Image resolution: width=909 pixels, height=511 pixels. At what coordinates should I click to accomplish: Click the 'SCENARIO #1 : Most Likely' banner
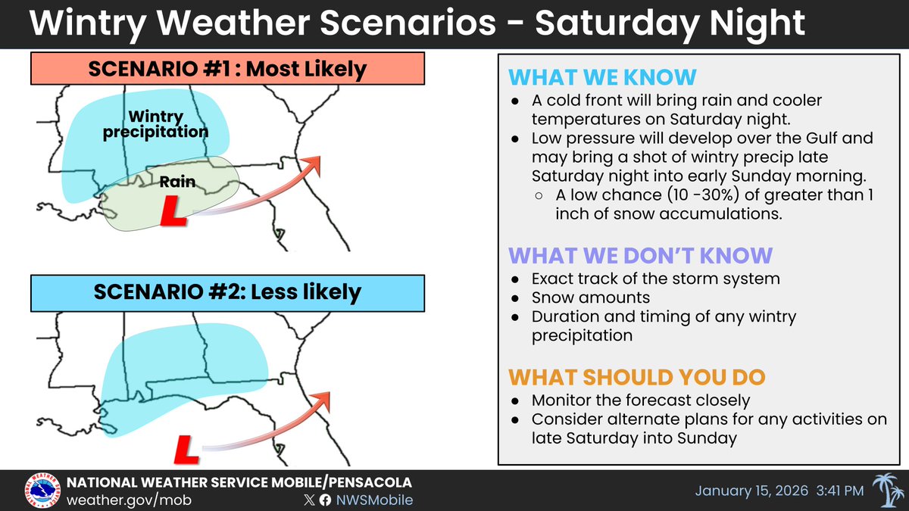point(227,70)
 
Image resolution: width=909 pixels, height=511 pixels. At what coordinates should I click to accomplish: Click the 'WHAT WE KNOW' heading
point(603,78)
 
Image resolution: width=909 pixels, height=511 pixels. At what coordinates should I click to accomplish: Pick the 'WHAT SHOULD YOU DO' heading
point(636,378)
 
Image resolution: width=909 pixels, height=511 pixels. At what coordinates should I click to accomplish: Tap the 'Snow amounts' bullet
point(590,298)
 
